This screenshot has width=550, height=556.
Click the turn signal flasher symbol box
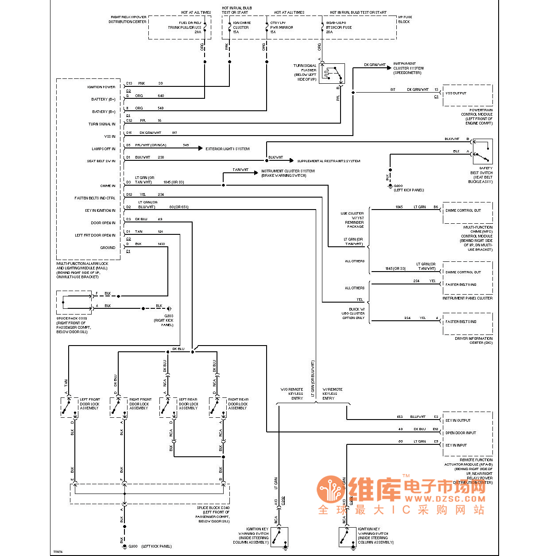332,74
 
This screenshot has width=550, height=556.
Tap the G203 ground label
169,316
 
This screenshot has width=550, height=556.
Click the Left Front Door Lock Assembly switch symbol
69,407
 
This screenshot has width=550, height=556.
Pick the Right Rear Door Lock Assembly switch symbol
217,407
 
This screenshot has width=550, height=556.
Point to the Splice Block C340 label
213,508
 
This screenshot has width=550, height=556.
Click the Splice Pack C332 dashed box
74,303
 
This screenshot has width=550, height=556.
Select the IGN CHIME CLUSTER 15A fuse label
241,27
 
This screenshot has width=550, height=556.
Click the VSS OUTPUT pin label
456,93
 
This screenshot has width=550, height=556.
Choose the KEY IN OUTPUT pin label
458,420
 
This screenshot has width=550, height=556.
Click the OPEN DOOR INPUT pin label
461,433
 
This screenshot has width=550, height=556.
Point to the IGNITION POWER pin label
101,87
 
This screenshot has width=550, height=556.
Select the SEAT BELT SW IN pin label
101,161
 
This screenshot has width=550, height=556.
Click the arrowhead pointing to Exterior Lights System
201,148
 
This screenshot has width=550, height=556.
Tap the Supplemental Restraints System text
329,161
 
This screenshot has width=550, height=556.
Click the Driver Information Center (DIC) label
473,340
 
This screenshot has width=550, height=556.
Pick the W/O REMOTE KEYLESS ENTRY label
292,394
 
